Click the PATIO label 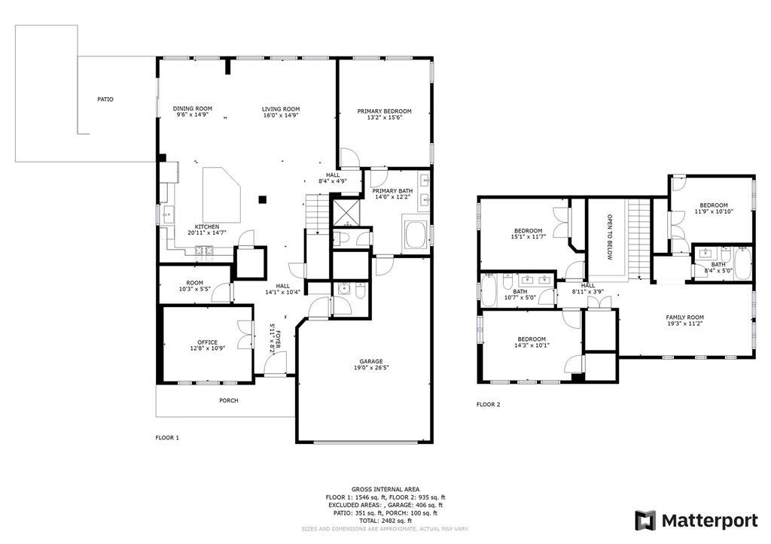pos(105,99)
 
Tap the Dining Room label pos(193,108)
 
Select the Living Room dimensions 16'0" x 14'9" pos(281,115)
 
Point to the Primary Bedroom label pos(385,111)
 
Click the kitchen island pos(221,195)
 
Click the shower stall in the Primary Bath pos(346,213)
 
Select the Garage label pos(370,362)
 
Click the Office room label pos(208,342)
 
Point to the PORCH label pos(229,400)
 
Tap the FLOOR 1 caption pos(168,437)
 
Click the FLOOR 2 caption pos(488,405)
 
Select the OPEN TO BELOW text pos(610,237)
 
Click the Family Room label pos(685,318)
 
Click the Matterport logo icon pos(645,521)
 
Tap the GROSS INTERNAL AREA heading pos(385,489)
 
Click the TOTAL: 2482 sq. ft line pos(385,521)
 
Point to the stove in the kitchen pos(203,250)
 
